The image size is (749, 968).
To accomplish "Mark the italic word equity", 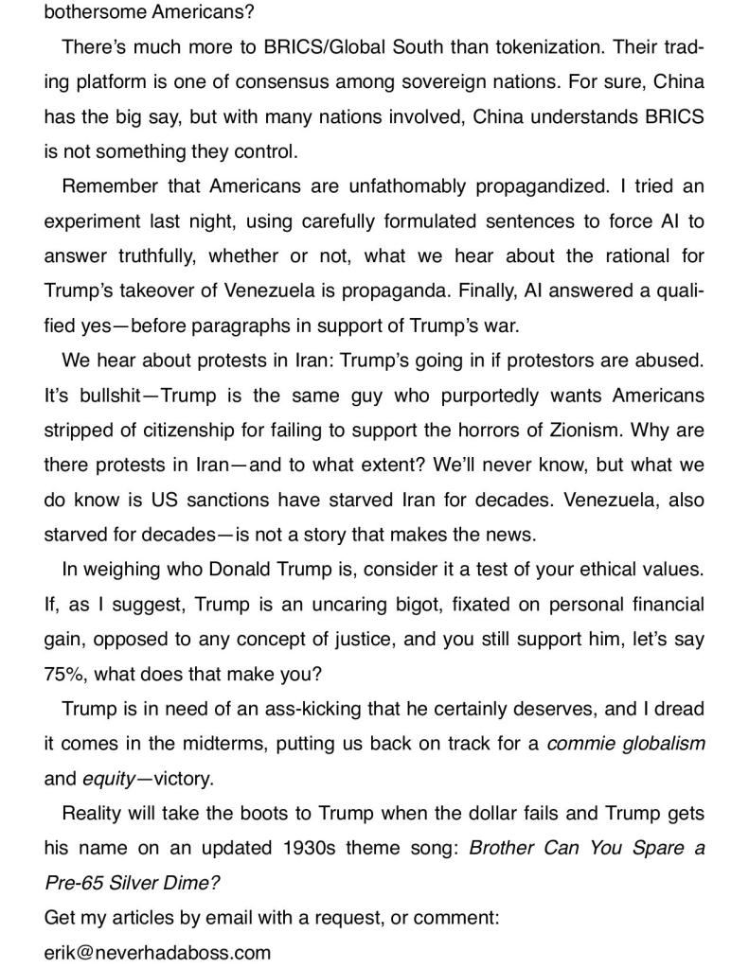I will [108, 778].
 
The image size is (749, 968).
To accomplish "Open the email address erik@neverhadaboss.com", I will [157, 951].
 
